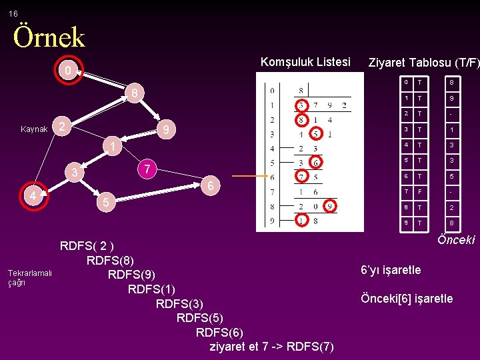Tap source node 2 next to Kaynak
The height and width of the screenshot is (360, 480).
click(61, 127)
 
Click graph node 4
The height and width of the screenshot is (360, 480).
click(32, 196)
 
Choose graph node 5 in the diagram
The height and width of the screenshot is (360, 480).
click(103, 201)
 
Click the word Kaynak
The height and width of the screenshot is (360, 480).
click(34, 129)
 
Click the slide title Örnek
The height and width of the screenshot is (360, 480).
click(49, 37)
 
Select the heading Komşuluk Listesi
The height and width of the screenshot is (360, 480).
click(305, 62)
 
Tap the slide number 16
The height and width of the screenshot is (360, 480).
click(13, 13)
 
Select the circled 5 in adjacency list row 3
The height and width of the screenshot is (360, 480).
click(316, 134)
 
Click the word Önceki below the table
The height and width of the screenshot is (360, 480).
click(456, 240)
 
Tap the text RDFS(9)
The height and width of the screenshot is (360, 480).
click(131, 274)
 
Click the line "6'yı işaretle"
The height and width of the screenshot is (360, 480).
click(391, 270)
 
